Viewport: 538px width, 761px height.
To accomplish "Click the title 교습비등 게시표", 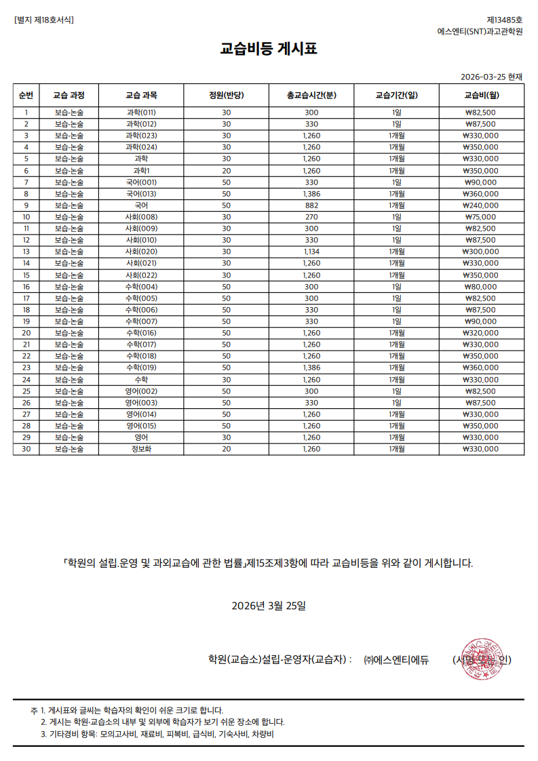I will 269,49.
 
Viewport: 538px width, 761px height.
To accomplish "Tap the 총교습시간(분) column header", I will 311,95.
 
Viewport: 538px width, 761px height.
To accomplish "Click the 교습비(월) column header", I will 481,95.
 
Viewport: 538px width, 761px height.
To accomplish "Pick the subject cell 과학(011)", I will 141,113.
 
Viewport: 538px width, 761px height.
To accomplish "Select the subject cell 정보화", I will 141,448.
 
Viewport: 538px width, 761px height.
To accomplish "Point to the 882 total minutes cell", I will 311,206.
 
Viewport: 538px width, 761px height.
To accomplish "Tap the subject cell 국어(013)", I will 141,194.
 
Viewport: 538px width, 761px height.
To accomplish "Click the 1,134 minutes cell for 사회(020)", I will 311,252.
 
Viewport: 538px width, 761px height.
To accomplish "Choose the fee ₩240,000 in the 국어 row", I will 481,206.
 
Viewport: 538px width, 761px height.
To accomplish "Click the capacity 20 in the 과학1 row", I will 227,171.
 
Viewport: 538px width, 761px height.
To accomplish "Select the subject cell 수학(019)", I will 141,368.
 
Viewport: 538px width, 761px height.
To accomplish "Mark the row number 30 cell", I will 26,448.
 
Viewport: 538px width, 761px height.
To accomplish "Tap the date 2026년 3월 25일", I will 269,605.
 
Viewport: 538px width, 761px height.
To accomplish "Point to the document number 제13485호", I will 505,20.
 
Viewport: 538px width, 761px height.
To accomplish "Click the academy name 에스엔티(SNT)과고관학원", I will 480,32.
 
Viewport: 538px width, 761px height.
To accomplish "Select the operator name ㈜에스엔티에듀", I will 396,659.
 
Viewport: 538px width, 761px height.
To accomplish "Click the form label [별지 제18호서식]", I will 44,20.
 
